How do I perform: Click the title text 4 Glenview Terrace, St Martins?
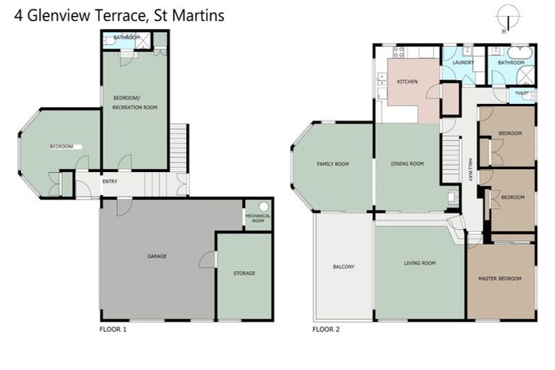119,14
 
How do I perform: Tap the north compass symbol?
508,16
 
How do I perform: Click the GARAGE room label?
157,257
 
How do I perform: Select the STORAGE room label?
244,273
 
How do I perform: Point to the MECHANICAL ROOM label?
258,218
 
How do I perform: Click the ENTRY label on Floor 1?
110,182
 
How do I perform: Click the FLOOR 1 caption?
113,329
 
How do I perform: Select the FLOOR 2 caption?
326,329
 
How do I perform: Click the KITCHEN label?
408,82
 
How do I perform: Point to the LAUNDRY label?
462,63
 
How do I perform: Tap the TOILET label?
522,94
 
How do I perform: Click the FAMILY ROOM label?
332,164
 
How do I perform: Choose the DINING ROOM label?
407,164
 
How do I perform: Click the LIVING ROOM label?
419,263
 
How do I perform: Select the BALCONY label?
343,267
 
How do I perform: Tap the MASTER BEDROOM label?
499,278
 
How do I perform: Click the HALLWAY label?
470,171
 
